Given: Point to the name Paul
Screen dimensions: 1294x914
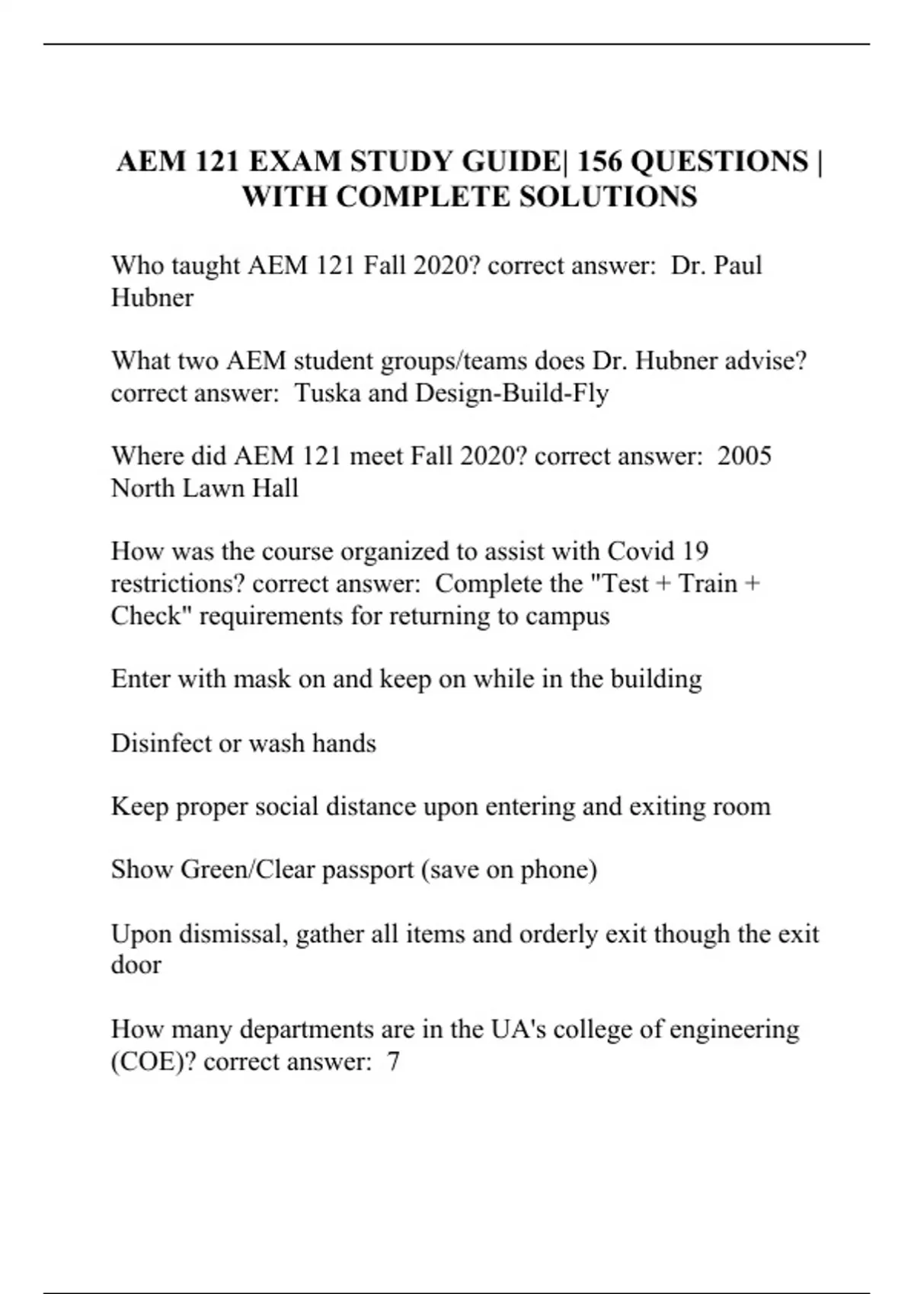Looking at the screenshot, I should [x=737, y=266].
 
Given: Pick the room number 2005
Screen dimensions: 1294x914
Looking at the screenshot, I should [x=744, y=456].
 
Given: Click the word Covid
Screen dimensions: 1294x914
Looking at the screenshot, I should [x=644, y=551].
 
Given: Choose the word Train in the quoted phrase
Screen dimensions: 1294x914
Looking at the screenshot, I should [x=708, y=583].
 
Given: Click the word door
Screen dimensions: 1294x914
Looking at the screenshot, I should [x=136, y=964].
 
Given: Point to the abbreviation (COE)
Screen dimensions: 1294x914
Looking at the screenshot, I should [x=153, y=1061].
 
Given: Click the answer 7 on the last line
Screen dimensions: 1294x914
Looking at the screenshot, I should [x=393, y=1061].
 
